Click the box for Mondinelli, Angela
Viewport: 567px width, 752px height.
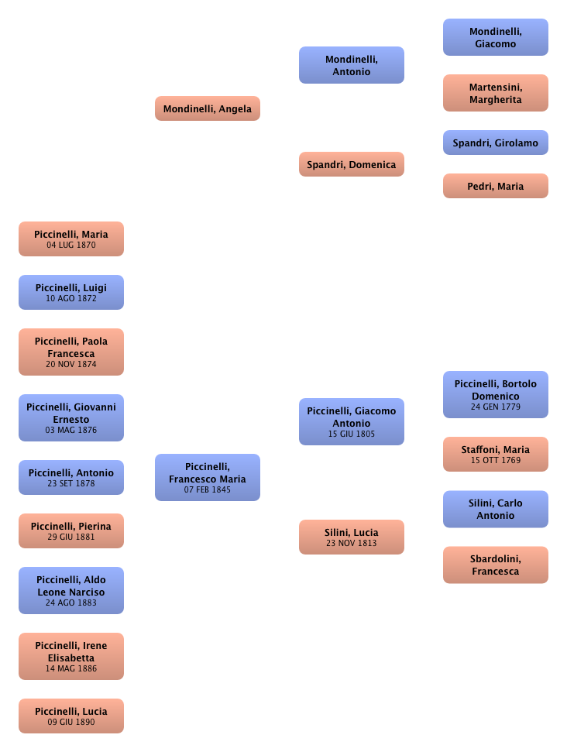coord(207,109)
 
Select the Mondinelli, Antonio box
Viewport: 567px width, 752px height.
coord(352,66)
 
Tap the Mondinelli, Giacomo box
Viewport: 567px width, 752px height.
coord(496,38)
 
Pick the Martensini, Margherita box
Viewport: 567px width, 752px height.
coord(496,94)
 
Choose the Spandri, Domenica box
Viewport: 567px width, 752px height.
coord(352,165)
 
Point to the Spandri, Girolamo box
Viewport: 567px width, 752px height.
coord(496,143)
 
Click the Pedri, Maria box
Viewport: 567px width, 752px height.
coord(496,187)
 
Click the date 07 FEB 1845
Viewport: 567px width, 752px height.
coord(207,490)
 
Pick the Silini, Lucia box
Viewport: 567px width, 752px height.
coord(352,537)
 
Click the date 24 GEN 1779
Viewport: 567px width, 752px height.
coord(496,407)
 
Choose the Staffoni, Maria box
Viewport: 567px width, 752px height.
coord(496,454)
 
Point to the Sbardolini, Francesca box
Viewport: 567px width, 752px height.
coord(496,565)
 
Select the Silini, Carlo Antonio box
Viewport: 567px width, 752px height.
coord(496,510)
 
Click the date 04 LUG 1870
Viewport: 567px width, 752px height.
coord(71,245)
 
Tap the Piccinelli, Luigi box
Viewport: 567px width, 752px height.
coord(71,292)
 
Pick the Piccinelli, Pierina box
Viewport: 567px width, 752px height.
coord(71,531)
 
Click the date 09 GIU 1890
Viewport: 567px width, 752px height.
coord(71,722)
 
